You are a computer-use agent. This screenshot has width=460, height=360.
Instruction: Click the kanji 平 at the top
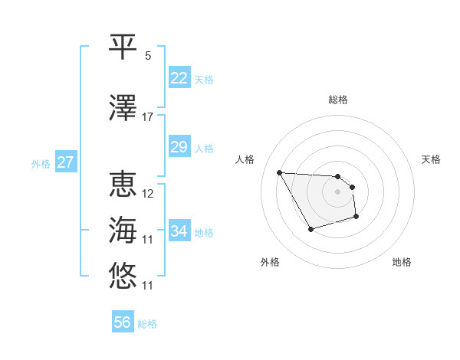tap(123, 46)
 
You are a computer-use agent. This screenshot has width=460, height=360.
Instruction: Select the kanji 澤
tap(123, 108)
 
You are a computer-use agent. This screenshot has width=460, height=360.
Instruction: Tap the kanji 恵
tap(123, 184)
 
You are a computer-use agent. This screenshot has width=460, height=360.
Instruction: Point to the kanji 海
tap(123, 229)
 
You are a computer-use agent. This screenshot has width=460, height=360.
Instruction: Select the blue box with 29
tap(179, 148)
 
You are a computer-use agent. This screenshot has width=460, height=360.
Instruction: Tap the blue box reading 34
tap(179, 231)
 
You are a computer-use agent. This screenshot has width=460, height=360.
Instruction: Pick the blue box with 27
tap(65, 163)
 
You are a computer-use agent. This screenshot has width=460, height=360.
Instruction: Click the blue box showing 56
tap(122, 323)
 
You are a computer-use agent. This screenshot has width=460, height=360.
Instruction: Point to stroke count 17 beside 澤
tap(147, 117)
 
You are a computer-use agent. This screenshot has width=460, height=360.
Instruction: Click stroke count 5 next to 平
tap(147, 56)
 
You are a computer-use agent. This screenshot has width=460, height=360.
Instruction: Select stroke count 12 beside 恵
tap(148, 193)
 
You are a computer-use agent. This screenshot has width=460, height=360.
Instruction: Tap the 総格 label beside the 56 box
tap(147, 324)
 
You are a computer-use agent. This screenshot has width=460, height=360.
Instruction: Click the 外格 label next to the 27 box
tap(41, 164)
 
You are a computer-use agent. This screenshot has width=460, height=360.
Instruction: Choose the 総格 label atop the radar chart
tap(338, 100)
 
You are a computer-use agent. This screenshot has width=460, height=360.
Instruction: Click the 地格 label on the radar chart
tap(402, 263)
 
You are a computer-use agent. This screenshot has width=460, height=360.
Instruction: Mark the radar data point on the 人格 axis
tap(279, 172)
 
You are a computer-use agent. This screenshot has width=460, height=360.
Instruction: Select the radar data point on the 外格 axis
tap(310, 229)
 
